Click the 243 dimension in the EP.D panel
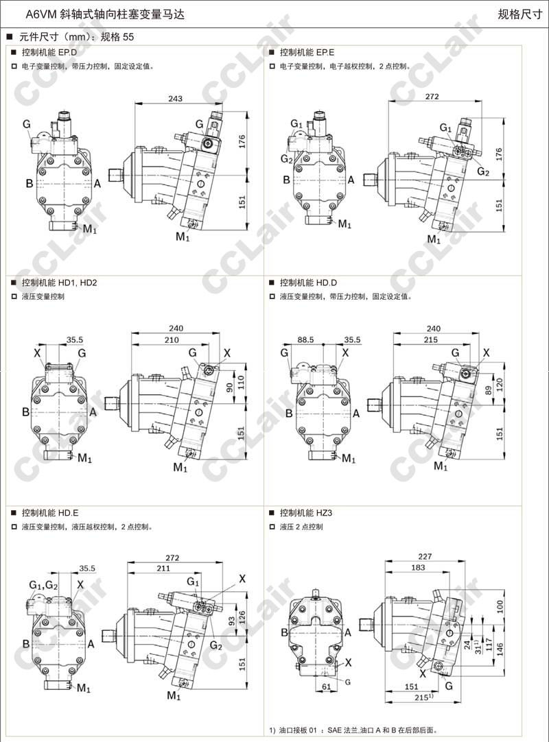point(175,99)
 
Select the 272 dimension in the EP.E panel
point(432,97)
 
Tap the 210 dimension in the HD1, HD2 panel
point(172,339)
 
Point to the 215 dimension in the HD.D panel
point(431,339)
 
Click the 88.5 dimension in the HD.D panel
point(305,339)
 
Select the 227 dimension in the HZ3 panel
point(425,558)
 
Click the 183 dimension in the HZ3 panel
point(417,568)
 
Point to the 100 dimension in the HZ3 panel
point(500,606)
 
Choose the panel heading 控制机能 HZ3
point(306,512)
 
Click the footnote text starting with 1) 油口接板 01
point(353,730)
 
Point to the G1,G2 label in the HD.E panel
point(43,584)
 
